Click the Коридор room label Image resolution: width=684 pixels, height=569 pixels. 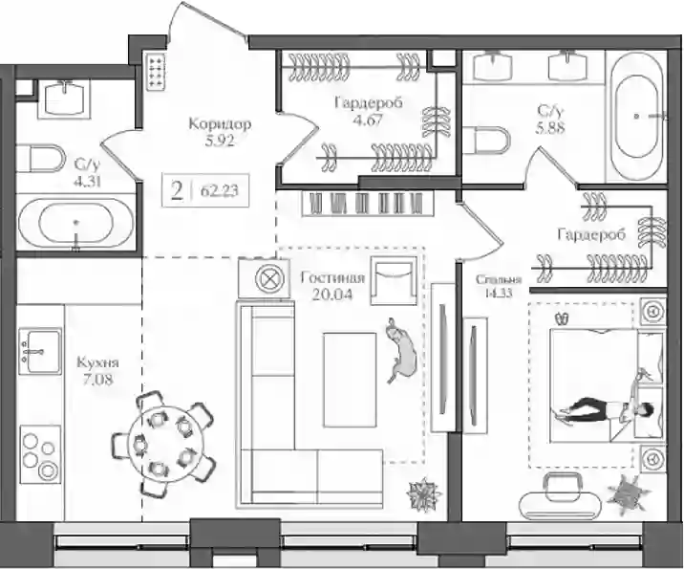[x=220, y=124]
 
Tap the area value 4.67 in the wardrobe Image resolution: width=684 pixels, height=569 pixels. [x=368, y=120]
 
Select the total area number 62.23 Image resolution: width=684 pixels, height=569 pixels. [x=220, y=191]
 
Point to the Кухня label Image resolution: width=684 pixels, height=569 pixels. [x=97, y=362]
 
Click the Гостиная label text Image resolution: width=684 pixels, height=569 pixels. [x=332, y=277]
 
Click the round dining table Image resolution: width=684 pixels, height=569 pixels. [x=164, y=444]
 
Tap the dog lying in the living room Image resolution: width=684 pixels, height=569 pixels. [x=401, y=350]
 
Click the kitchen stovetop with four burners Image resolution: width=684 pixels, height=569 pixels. [x=41, y=453]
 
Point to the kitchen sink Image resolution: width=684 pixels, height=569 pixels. [x=40, y=351]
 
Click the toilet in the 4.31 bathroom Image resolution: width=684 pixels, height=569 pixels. [x=40, y=159]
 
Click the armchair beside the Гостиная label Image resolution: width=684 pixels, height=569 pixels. [x=393, y=280]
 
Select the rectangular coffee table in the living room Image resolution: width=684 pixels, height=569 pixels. [x=350, y=380]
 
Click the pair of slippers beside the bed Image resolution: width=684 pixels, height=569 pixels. [x=562, y=318]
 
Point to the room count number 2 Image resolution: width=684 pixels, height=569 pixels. [x=177, y=191]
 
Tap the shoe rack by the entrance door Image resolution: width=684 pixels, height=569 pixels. [x=156, y=71]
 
